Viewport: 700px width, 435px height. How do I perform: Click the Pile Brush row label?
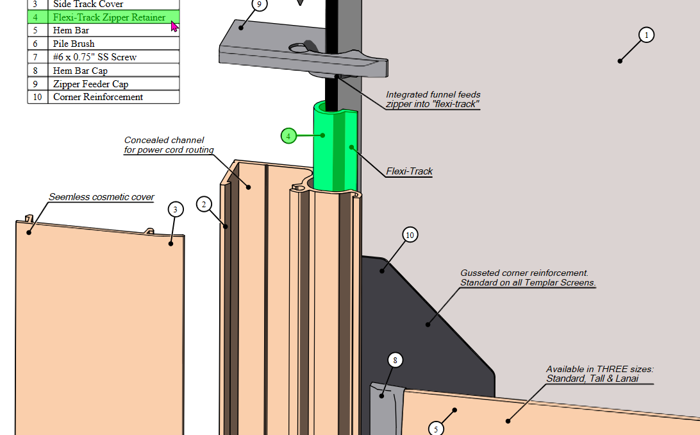[74, 44]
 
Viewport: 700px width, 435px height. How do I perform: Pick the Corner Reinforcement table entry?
[97, 97]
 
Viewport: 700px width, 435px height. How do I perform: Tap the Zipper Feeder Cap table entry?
[90, 84]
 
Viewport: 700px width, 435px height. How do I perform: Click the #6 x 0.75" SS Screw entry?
[94, 57]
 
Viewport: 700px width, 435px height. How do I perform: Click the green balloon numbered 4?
[288, 136]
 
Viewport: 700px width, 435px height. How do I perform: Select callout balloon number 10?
[410, 235]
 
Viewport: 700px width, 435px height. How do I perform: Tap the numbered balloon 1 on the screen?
[647, 35]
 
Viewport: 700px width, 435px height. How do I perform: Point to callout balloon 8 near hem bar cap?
[395, 361]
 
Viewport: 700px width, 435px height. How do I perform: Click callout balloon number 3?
[176, 209]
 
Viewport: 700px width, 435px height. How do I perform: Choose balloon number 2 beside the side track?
[204, 205]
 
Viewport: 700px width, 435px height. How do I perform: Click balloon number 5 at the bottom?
[436, 429]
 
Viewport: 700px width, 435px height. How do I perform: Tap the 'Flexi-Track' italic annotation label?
[409, 171]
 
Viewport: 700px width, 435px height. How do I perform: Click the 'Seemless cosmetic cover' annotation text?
[101, 197]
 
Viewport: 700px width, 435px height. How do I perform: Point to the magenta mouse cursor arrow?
[174, 26]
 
